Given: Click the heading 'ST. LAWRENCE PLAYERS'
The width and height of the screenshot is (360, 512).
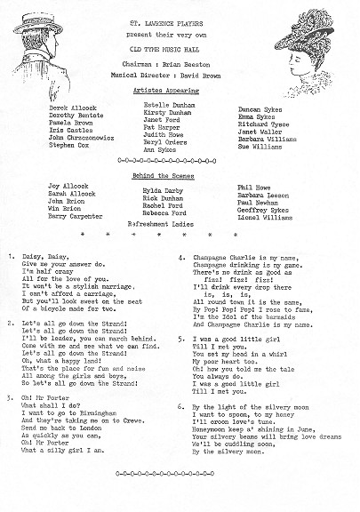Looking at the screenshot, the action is click(x=180, y=10).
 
